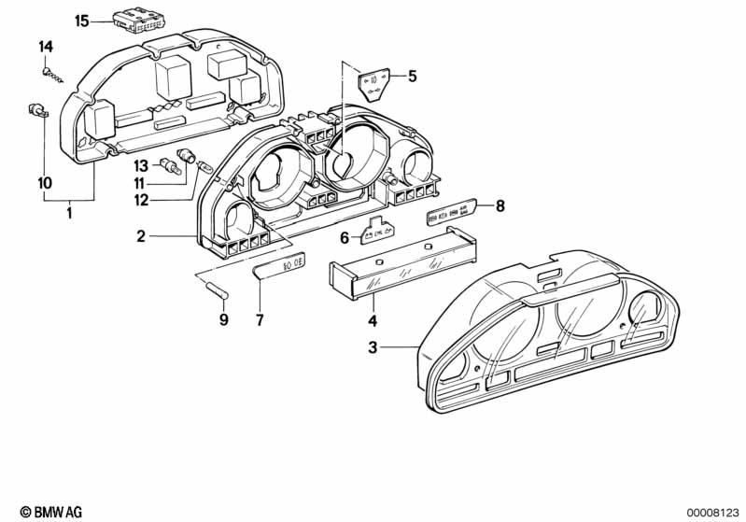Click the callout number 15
point(81,21)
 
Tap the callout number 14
point(46,46)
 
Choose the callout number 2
point(140,237)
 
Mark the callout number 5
point(413,77)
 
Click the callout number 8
point(500,206)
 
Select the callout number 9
point(222,320)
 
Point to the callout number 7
point(260,320)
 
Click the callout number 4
point(373,321)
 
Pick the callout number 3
point(372,348)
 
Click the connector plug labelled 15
point(134,20)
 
